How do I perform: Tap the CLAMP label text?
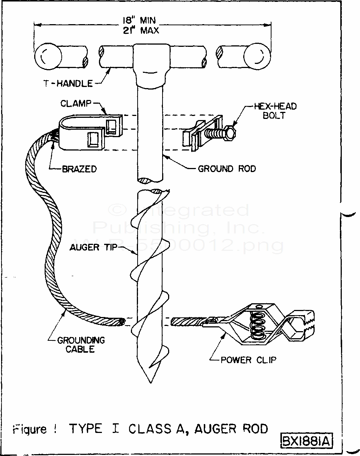pos(75,103)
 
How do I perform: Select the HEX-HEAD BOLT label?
pos(275,111)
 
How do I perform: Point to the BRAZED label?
pos(79,169)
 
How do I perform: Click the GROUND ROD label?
pos(227,169)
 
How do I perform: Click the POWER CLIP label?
pos(249,360)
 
